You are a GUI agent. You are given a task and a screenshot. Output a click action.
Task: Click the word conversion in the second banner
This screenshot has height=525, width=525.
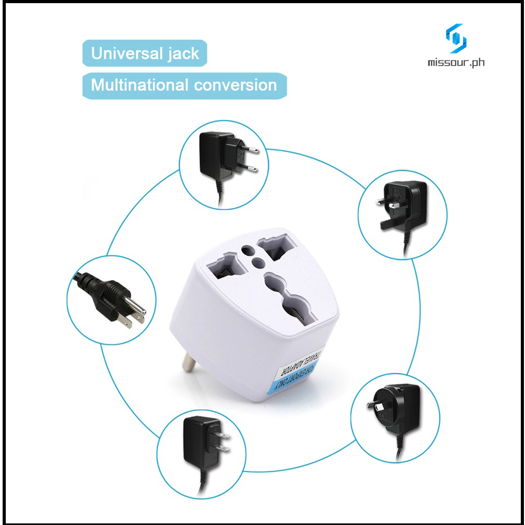click(241, 85)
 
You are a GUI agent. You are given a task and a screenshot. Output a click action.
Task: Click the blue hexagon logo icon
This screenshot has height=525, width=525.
click(456, 38)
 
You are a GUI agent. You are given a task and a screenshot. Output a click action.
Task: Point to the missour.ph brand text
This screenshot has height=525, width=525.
click(456, 62)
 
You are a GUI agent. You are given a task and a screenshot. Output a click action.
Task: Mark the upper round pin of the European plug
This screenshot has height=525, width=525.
click(252, 150)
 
